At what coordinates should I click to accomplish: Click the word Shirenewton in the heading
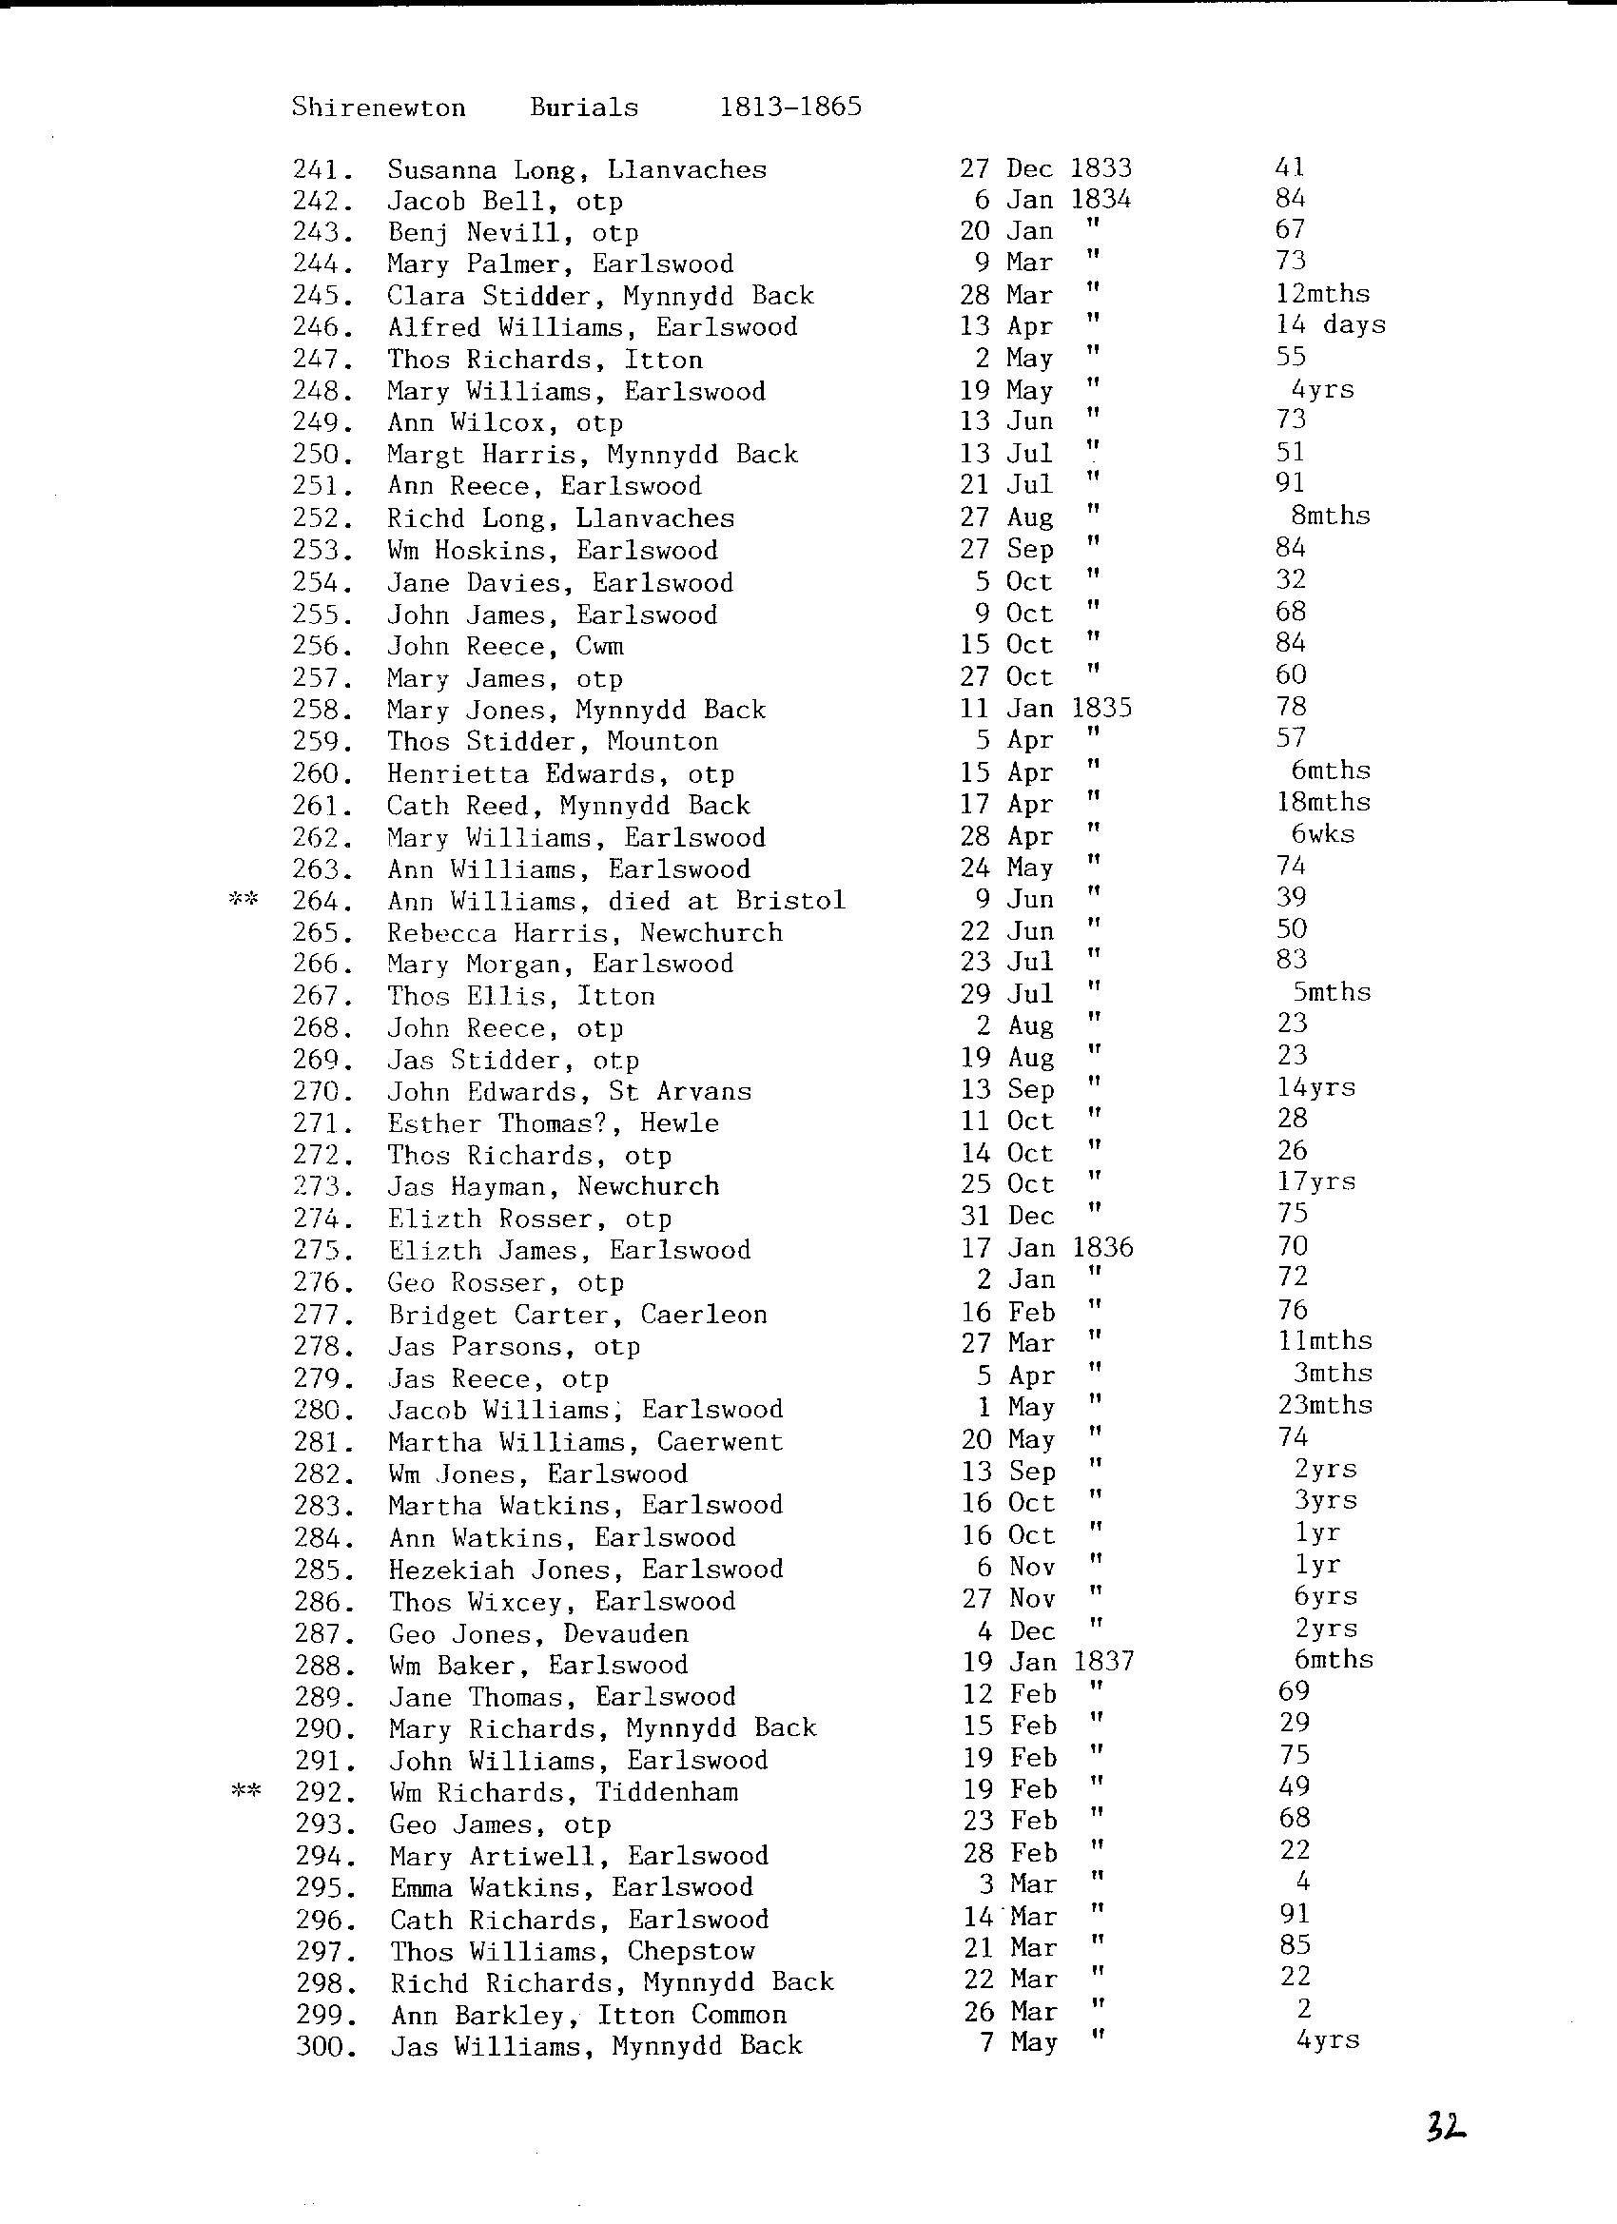click(x=379, y=107)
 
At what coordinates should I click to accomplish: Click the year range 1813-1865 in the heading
click(x=790, y=106)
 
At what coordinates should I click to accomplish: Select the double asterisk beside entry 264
click(x=244, y=898)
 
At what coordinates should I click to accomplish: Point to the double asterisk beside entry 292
click(x=245, y=1791)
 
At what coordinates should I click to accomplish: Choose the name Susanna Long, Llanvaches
click(x=576, y=169)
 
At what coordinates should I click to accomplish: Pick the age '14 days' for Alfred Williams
click(x=1331, y=324)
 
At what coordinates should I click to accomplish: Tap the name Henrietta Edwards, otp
click(x=560, y=773)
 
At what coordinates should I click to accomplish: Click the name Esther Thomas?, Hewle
click(x=553, y=1122)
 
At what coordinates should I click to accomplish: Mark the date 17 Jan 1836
click(x=1046, y=1247)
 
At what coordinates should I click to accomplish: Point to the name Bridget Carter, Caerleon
click(x=577, y=1314)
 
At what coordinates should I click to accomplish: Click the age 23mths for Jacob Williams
click(x=1325, y=1405)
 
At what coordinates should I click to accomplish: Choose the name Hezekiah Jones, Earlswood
click(x=585, y=1569)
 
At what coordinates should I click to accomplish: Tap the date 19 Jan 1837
click(x=1047, y=1661)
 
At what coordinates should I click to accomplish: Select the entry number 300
click(x=325, y=2045)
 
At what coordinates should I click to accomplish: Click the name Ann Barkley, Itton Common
click(x=589, y=2014)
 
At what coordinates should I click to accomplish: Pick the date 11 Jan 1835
click(x=1045, y=708)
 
